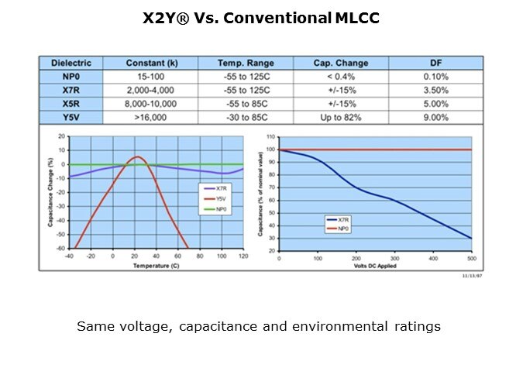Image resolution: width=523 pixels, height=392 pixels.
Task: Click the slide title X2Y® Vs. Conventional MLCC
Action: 261,17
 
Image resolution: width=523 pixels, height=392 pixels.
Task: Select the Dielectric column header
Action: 71,63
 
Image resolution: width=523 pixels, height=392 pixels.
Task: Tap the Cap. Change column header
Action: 340,63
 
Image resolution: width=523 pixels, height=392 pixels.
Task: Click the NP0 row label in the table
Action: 71,77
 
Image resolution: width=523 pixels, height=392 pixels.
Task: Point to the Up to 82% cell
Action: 340,117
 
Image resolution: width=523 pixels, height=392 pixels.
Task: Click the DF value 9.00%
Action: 435,117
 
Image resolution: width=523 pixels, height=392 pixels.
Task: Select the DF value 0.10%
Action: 435,77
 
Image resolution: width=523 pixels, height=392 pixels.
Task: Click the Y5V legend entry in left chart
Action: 218,198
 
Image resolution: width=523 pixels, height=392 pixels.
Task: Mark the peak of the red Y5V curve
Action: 136,157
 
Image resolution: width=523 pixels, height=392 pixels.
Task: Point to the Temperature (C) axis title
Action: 156,265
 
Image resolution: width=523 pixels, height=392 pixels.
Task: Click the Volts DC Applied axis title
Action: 375,266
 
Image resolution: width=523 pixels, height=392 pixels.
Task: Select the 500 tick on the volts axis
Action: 471,258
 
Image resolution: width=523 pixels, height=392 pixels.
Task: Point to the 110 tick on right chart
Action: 270,136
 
